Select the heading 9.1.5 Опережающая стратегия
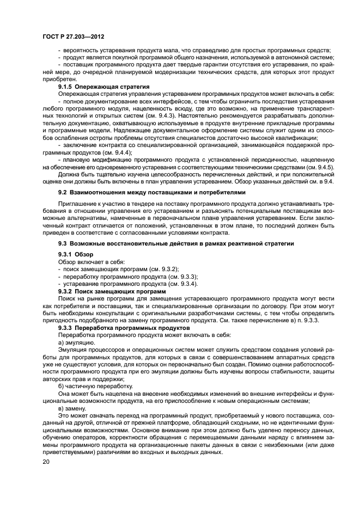pyautogui.click(x=103, y=87)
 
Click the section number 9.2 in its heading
pyautogui.click(x=63, y=193)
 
